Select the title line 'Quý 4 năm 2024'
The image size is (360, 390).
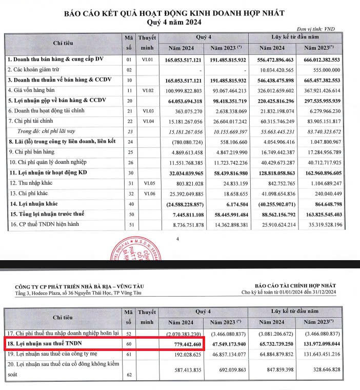click(x=179, y=22)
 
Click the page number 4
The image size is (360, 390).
click(x=177, y=239)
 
